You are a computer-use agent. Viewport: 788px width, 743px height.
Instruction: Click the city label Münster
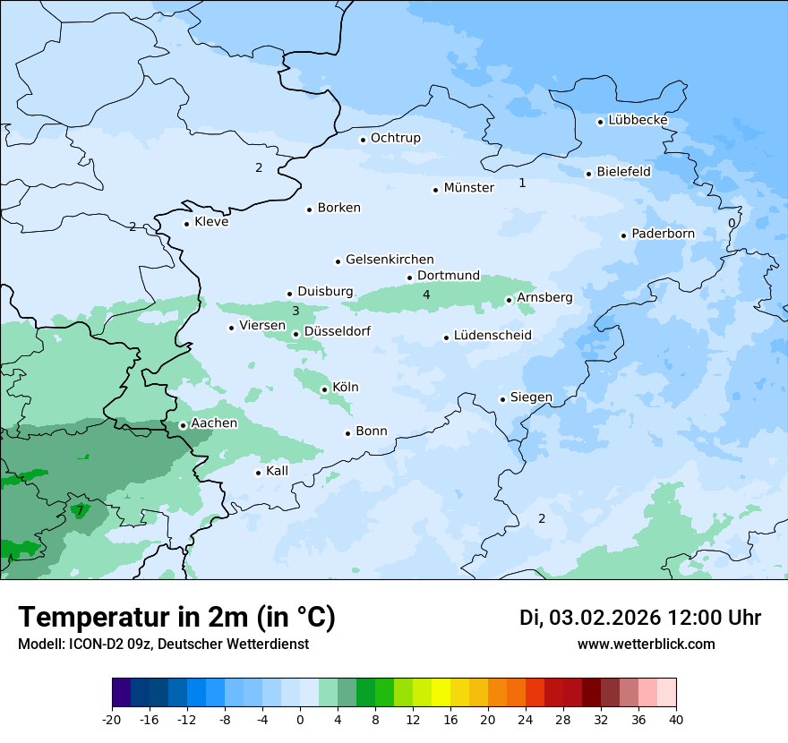(468, 188)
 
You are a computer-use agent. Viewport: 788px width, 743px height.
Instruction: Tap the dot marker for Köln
(324, 389)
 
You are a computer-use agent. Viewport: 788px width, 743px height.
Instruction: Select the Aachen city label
(214, 423)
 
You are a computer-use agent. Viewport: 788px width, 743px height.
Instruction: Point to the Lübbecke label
(638, 120)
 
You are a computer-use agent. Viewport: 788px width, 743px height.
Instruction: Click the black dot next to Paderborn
(623, 235)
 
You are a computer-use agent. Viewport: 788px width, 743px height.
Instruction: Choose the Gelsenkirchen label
(390, 260)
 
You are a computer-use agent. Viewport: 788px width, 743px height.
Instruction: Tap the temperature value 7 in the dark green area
(80, 511)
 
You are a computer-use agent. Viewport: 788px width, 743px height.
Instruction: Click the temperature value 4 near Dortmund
(426, 295)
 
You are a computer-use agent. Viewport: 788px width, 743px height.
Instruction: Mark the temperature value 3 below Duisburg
(295, 312)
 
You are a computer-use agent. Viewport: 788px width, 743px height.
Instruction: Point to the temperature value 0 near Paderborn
(732, 223)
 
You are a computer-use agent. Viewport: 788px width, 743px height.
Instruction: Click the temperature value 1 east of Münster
(522, 184)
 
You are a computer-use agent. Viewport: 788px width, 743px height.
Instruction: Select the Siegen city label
(531, 397)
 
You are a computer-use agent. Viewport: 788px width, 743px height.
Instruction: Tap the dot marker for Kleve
(186, 224)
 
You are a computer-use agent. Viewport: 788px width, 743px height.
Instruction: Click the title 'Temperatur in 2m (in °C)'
(176, 618)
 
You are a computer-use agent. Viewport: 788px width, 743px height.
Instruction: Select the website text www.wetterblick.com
(646, 645)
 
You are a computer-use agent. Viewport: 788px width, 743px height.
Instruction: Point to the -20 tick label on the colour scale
(112, 720)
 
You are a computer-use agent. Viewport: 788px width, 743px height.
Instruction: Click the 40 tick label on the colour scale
(676, 720)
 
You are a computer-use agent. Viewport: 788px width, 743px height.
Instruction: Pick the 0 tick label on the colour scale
(300, 720)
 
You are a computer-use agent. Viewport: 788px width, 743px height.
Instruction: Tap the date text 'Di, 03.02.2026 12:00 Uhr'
(640, 618)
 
